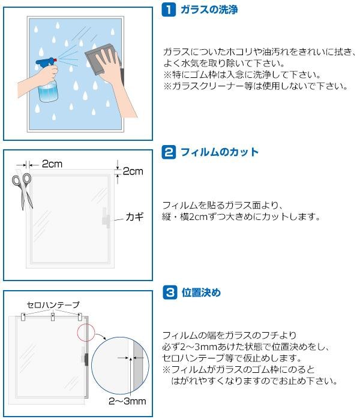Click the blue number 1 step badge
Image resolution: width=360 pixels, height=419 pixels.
169,10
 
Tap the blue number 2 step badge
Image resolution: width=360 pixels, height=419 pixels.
169,152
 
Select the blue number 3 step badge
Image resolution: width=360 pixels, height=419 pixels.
170,293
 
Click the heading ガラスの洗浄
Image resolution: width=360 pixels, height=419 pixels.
209,10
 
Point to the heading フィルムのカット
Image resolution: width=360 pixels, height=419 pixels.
220,152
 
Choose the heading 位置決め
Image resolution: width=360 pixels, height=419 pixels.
201,293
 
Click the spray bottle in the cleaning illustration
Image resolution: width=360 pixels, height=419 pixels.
47,79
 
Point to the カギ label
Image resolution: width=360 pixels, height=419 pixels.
134,216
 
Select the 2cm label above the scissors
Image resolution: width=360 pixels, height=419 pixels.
52,164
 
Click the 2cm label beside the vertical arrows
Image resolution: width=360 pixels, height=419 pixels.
133,171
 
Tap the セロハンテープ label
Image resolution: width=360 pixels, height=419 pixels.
53,305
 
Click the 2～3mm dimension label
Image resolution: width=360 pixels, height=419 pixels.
127,401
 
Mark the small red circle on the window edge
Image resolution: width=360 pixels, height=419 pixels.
86,333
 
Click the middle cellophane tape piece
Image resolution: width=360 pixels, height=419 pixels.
53,317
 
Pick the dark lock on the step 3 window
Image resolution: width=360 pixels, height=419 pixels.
86,360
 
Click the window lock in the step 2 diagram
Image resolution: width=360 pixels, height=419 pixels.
106,218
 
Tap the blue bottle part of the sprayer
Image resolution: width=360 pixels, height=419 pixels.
48,91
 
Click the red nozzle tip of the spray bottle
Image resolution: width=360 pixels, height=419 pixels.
55,60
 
